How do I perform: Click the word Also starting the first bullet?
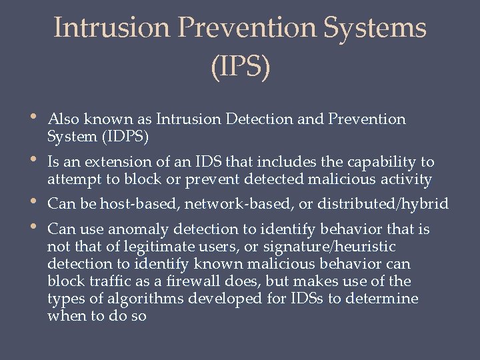[64, 119]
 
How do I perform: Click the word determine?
[387, 299]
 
